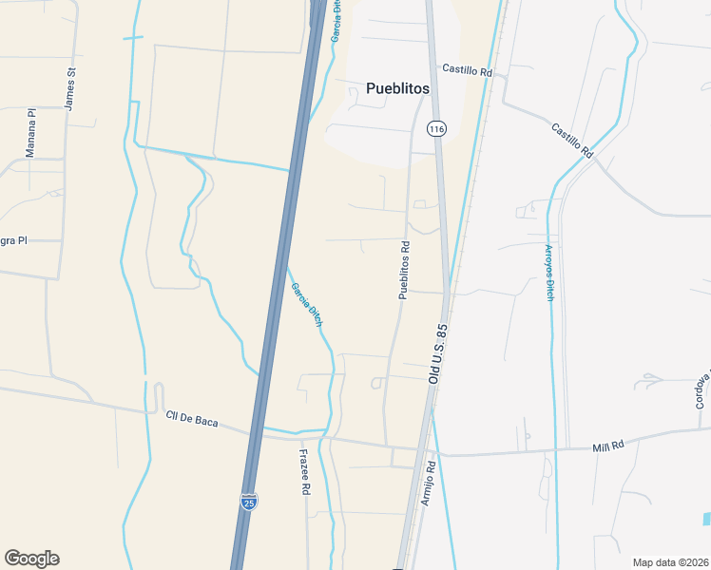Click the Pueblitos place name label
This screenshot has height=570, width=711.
point(397,88)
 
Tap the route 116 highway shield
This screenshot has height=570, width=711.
point(436,128)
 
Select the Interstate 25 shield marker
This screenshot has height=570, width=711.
point(248,501)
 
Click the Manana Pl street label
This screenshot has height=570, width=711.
point(30,132)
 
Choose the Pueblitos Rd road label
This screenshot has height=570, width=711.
point(404,271)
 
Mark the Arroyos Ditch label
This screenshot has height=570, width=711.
point(548,273)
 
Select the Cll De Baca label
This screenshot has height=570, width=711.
point(192,419)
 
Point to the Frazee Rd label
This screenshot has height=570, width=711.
point(305,472)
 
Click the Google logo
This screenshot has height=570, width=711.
point(31,559)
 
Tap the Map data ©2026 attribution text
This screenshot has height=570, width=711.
point(669,562)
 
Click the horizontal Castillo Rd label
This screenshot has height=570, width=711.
point(468,71)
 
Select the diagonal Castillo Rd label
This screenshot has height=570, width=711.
point(572,139)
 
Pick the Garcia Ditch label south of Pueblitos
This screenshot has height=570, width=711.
point(306,305)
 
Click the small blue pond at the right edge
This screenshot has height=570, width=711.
point(707,519)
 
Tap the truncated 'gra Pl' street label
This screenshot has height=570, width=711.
point(13,240)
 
